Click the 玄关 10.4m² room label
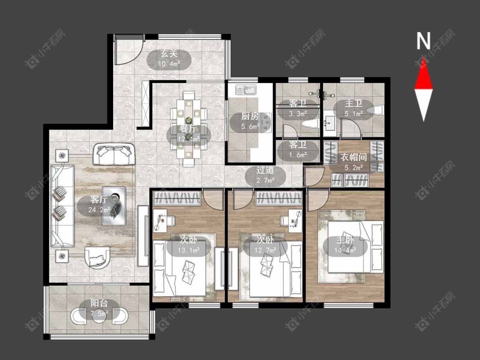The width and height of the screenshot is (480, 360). (169, 59)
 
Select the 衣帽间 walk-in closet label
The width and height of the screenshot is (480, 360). (354, 162)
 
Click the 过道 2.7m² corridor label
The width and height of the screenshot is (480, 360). (265, 175)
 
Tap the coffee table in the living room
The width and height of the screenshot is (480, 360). (114, 206)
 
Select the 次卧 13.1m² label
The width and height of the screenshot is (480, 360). (189, 245)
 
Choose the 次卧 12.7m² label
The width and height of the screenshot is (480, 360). (265, 245)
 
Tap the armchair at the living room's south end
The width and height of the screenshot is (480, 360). (97, 257)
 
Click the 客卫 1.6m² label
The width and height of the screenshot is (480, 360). (298, 150)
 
